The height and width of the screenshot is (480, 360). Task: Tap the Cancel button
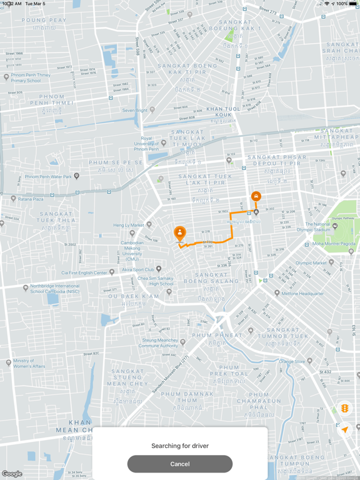click(180, 464)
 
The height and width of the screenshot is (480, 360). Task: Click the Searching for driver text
click(180, 446)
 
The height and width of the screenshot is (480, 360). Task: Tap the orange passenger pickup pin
click(179, 233)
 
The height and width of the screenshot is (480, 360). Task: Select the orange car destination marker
click(256, 196)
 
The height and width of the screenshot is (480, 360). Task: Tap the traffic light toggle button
click(344, 409)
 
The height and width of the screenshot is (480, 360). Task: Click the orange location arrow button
click(344, 430)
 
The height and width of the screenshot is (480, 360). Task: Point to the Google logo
click(12, 474)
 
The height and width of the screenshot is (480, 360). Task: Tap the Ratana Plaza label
click(30, 199)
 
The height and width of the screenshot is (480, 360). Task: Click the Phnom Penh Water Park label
click(48, 177)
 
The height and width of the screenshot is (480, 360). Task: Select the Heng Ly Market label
click(128, 225)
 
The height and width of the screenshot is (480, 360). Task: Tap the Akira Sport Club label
click(137, 269)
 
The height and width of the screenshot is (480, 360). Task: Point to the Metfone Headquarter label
click(302, 293)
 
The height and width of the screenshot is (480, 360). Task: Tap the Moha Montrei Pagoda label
click(334, 244)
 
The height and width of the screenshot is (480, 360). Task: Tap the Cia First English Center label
click(84, 272)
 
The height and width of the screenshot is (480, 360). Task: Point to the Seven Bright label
click(134, 110)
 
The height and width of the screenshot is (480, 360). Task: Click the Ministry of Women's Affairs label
click(29, 363)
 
